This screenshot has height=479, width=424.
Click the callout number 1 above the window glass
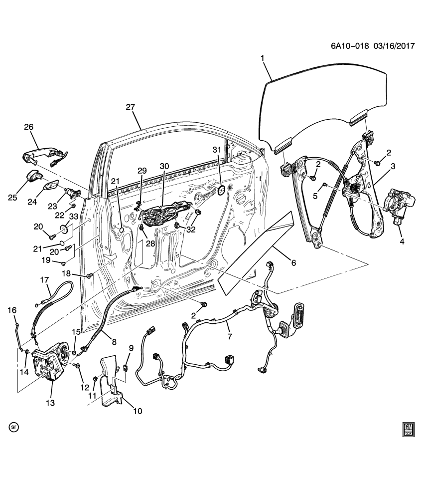pyautogui.click(x=263, y=59)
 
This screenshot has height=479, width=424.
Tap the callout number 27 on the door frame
pyautogui.click(x=131, y=107)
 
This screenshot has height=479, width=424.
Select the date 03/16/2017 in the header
pyautogui.click(x=394, y=45)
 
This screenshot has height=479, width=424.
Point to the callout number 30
pyautogui.click(x=164, y=166)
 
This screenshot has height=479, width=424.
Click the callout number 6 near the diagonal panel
pyautogui.click(x=293, y=262)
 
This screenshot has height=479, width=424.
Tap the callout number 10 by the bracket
pyautogui.click(x=137, y=411)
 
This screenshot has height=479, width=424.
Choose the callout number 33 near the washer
pyautogui.click(x=73, y=217)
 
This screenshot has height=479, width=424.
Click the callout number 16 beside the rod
pyautogui.click(x=12, y=310)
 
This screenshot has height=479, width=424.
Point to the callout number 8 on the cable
pyautogui.click(x=114, y=342)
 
